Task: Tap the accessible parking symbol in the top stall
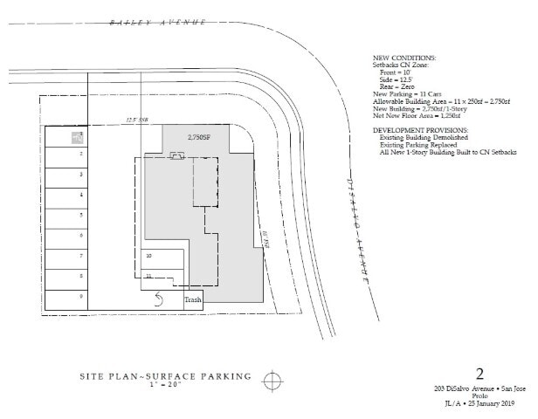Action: point(77,137)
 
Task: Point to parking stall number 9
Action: point(80,296)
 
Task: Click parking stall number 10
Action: point(149,256)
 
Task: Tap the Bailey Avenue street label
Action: point(158,21)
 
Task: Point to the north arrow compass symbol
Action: point(273,380)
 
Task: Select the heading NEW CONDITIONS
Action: point(404,58)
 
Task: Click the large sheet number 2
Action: point(479,374)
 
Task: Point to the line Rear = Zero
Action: point(398,86)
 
